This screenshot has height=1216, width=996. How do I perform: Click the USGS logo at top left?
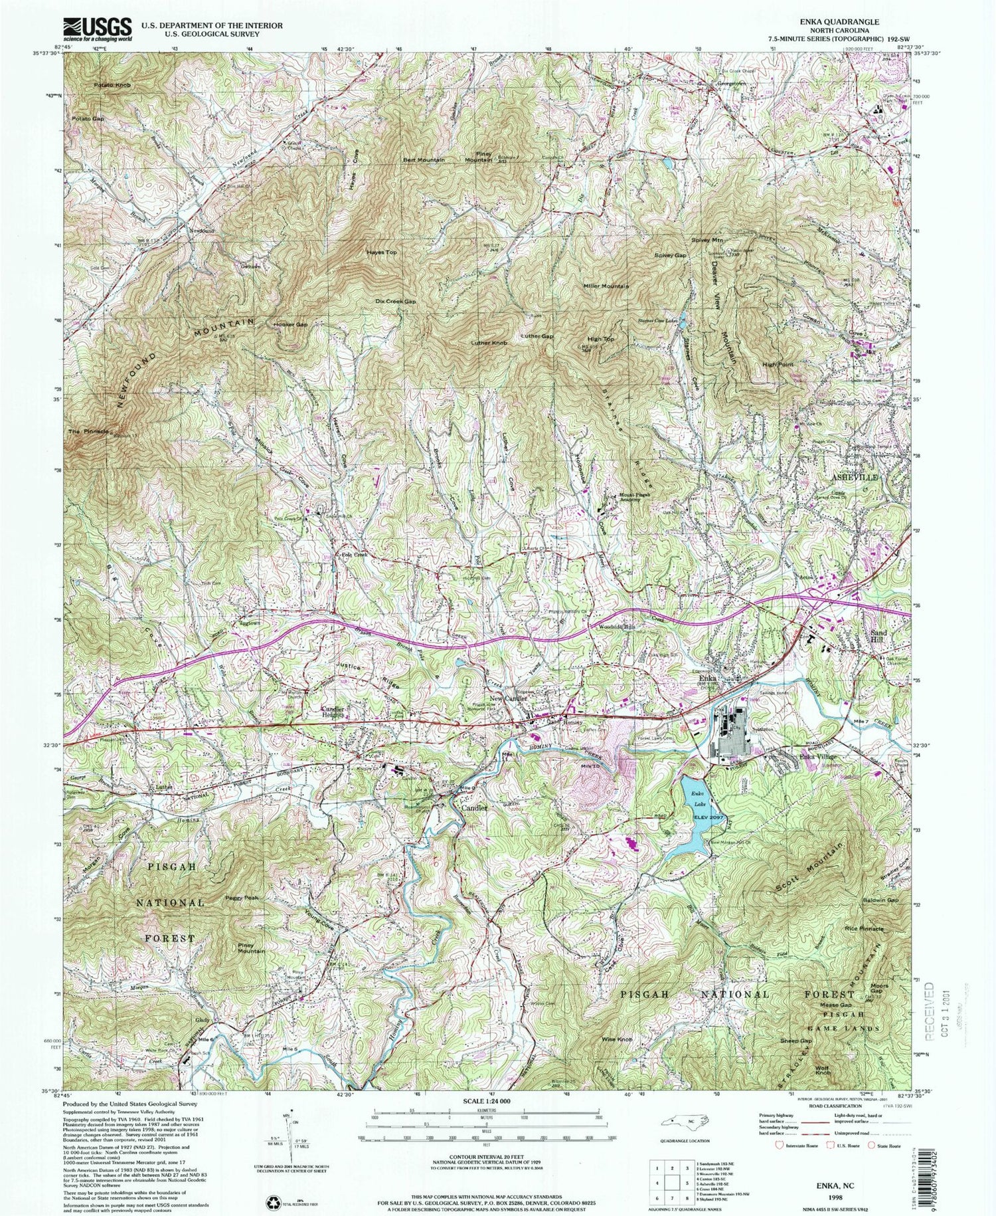coord(98,29)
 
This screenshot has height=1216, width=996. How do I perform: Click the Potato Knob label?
coord(112,86)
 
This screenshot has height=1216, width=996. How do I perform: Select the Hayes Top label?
coord(381,253)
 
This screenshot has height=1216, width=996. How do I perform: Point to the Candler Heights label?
coord(333,712)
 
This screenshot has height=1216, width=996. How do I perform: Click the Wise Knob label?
coord(617,1039)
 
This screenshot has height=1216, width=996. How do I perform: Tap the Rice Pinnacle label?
coord(863,928)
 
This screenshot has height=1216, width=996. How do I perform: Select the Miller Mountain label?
coord(606,286)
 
